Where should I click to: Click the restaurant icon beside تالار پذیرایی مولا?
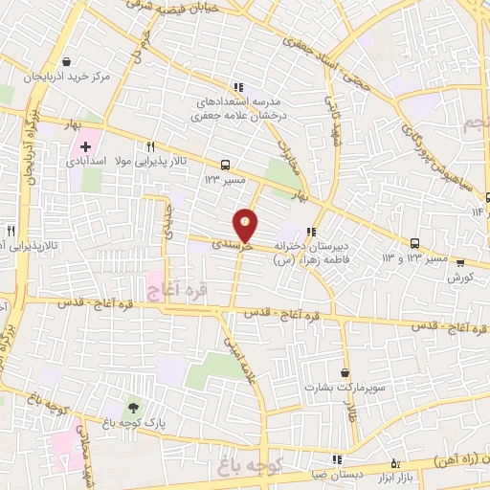150,146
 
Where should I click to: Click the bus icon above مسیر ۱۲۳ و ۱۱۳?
415,243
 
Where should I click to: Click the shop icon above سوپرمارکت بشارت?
345,373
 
